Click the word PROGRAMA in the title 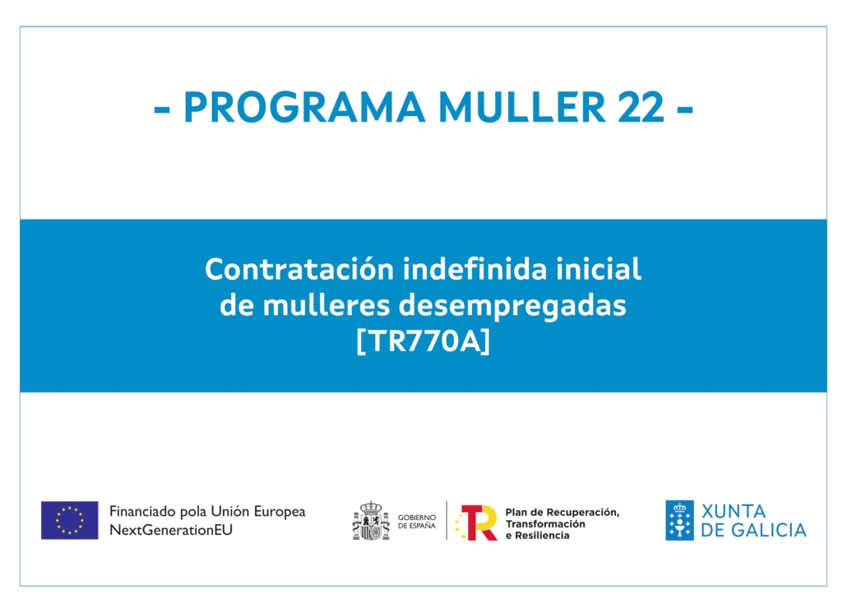click(304, 107)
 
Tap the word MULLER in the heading click(522, 107)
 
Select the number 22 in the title click(641, 107)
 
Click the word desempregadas click(512, 307)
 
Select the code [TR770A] click(423, 341)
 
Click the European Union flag click(70, 520)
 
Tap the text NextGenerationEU click(171, 530)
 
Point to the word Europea click(280, 512)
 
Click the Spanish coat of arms click(371, 521)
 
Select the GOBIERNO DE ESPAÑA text click(416, 521)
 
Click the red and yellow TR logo click(476, 522)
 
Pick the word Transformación click(545, 524)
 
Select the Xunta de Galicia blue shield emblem click(679, 521)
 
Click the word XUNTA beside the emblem click(733, 512)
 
